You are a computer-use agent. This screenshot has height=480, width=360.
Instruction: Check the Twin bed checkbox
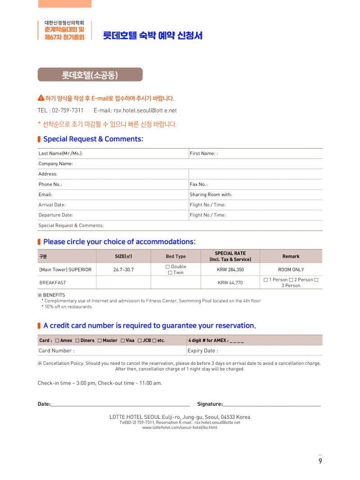pos(170,273)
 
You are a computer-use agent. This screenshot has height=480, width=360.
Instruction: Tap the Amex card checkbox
pos(57,341)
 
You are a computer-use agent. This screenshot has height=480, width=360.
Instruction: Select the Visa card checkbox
pos(122,341)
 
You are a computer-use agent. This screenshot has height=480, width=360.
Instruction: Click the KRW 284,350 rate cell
pos(230,270)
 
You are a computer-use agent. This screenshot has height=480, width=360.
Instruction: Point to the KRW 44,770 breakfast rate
pos(230,283)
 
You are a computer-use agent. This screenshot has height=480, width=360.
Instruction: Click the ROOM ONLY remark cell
pos(291,270)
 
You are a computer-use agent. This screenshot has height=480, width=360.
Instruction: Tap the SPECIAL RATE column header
pos(230,256)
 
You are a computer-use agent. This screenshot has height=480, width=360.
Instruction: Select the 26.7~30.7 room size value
pos(123,270)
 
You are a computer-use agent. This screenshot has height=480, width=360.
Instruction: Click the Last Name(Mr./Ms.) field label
pos(61,153)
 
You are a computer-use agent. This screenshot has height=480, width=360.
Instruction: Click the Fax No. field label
pos(198,184)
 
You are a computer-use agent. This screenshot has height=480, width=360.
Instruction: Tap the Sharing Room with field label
pos(211,195)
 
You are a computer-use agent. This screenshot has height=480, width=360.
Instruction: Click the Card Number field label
pos(56,351)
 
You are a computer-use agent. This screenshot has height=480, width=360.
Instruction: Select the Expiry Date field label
pos(202,351)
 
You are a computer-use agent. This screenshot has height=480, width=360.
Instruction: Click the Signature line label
pos(210,404)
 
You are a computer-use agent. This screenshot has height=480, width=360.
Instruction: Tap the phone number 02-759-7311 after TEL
pos(67,110)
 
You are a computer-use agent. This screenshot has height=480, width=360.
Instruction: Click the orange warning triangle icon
pos(41,98)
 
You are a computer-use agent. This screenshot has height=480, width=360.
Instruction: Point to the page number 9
pos(320,461)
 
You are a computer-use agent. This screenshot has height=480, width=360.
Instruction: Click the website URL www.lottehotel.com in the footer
pos(180,427)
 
